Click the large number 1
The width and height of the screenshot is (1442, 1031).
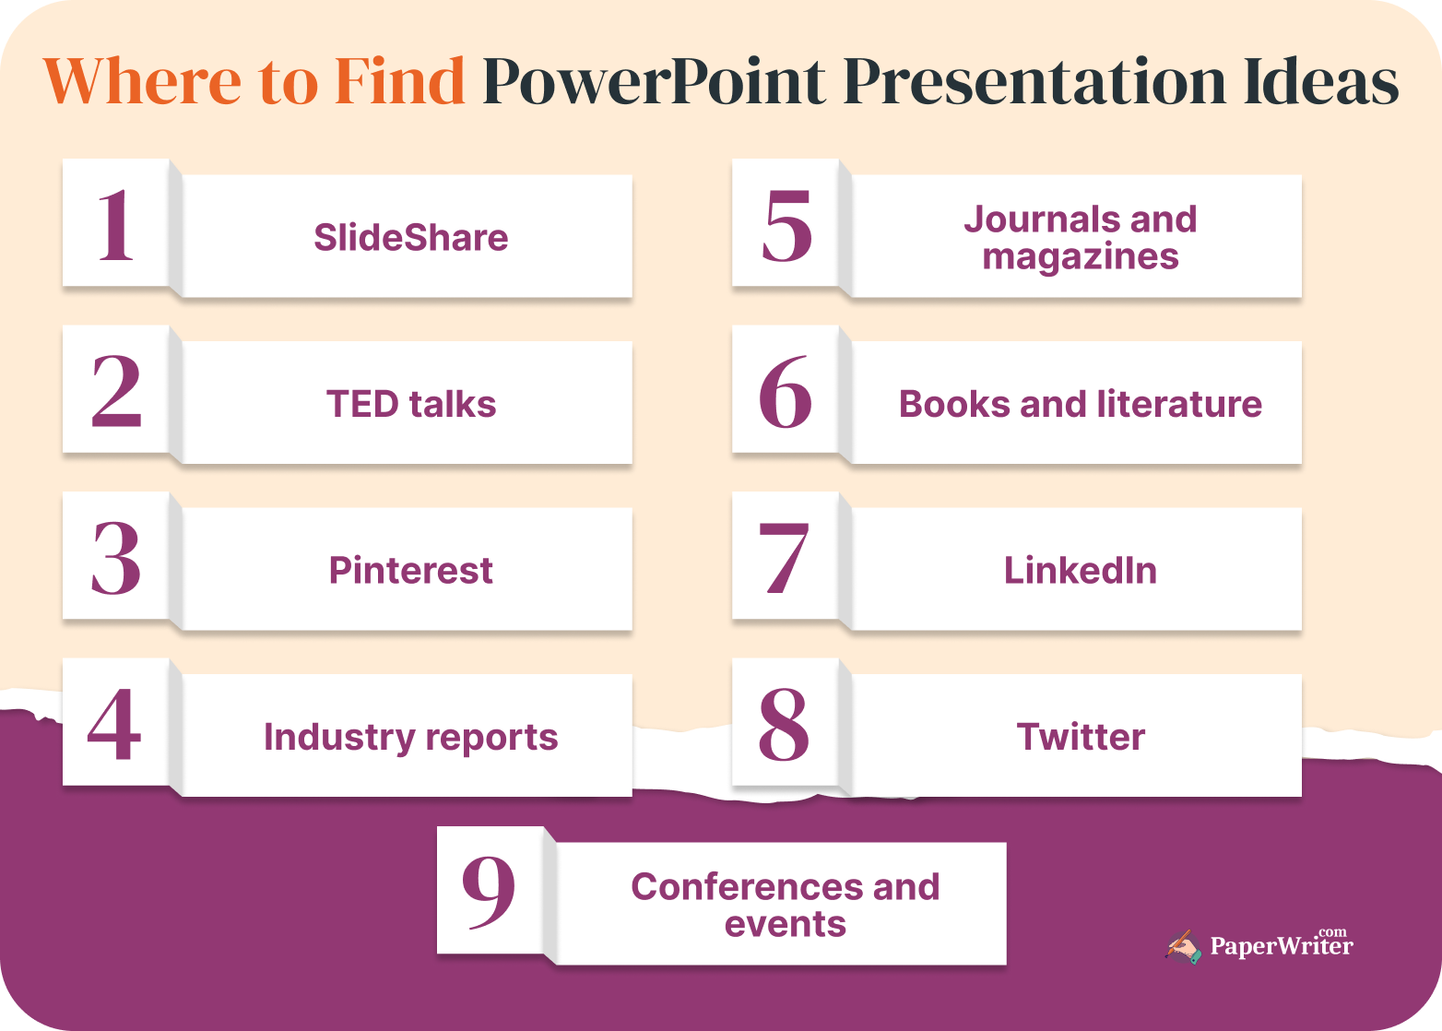pos(116,225)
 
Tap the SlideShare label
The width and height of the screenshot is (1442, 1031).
pos(410,238)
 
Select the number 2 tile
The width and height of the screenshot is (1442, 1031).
pos(116,392)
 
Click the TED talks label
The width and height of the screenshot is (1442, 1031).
pos(410,404)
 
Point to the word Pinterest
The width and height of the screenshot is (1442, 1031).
pos(410,570)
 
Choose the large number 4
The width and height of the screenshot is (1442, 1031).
pos(115,725)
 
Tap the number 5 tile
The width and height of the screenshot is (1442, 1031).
pos(786,225)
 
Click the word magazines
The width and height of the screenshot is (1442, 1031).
pos(1080,257)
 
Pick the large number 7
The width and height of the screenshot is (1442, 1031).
pos(785,558)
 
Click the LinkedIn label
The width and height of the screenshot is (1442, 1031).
pos(1080,570)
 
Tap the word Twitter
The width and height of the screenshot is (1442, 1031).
pos(1080,737)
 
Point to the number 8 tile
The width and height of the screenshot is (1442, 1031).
pos(785,725)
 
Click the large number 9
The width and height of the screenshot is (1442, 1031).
pos(489,891)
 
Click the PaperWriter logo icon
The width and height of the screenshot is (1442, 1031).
pos(1184,947)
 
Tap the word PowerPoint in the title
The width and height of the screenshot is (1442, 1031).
pos(654,81)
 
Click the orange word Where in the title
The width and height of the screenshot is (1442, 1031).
pos(143,81)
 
